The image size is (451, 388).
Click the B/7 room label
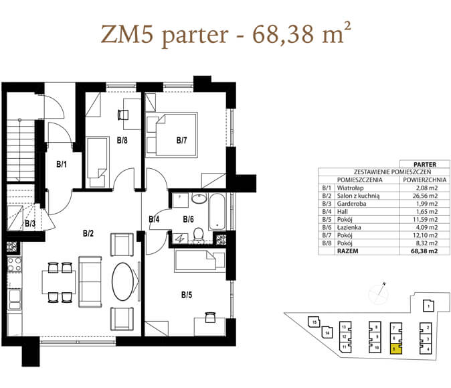pyautogui.click(x=181, y=140)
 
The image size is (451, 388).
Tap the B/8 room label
pyautogui.click(x=122, y=140)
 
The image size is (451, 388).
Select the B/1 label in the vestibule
pyautogui.click(x=62, y=164)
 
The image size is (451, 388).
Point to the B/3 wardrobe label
pyautogui.click(x=30, y=223)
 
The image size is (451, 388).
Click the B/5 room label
pyautogui.click(x=187, y=295)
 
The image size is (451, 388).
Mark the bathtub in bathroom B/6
pyautogui.click(x=217, y=212)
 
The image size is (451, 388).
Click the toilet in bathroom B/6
pyautogui.click(x=198, y=235)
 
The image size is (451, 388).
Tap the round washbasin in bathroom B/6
pyautogui.click(x=199, y=198)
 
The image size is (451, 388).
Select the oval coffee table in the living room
pyautogui.click(x=123, y=281)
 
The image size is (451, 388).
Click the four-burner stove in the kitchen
pyautogui.click(x=14, y=265)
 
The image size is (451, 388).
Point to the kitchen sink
pyautogui.click(x=14, y=300)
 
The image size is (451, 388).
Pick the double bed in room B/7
pyautogui.click(x=172, y=135)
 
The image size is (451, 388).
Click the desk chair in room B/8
pyautogui.click(x=123, y=115)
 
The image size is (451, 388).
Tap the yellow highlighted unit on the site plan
pyautogui.click(x=396, y=349)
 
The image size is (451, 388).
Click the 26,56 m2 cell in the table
pyautogui.click(x=425, y=196)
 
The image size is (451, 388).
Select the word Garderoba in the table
pyautogui.click(x=351, y=204)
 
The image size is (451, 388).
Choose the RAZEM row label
pyautogui.click(x=348, y=251)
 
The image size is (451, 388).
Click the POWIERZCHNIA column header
pyautogui.click(x=424, y=180)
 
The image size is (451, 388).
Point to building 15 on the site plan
pyautogui.click(x=314, y=322)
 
